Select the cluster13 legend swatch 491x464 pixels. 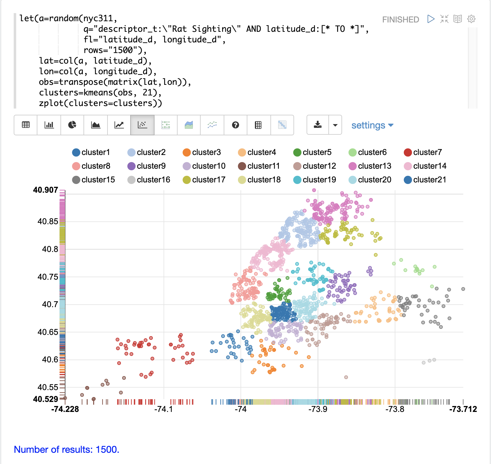tap(353, 166)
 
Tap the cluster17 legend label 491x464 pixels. tap(208, 180)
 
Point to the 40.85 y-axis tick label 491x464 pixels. tap(48, 221)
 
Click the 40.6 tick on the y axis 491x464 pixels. tap(50, 360)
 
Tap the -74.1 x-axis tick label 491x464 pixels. tap(164, 409)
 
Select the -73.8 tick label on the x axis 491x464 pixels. tap(395, 409)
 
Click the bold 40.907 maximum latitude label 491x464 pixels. tap(45, 190)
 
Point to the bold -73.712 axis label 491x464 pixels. tap(463, 409)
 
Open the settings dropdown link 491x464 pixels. tap(372, 125)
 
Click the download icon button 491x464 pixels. tap(318, 125)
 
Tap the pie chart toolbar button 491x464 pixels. tap(72, 125)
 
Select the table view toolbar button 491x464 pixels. tap(26, 125)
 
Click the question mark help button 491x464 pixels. tap(236, 125)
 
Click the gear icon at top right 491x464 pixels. tap(471, 19)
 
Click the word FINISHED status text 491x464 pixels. tap(400, 20)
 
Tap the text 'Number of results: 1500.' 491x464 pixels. tap(67, 449)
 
